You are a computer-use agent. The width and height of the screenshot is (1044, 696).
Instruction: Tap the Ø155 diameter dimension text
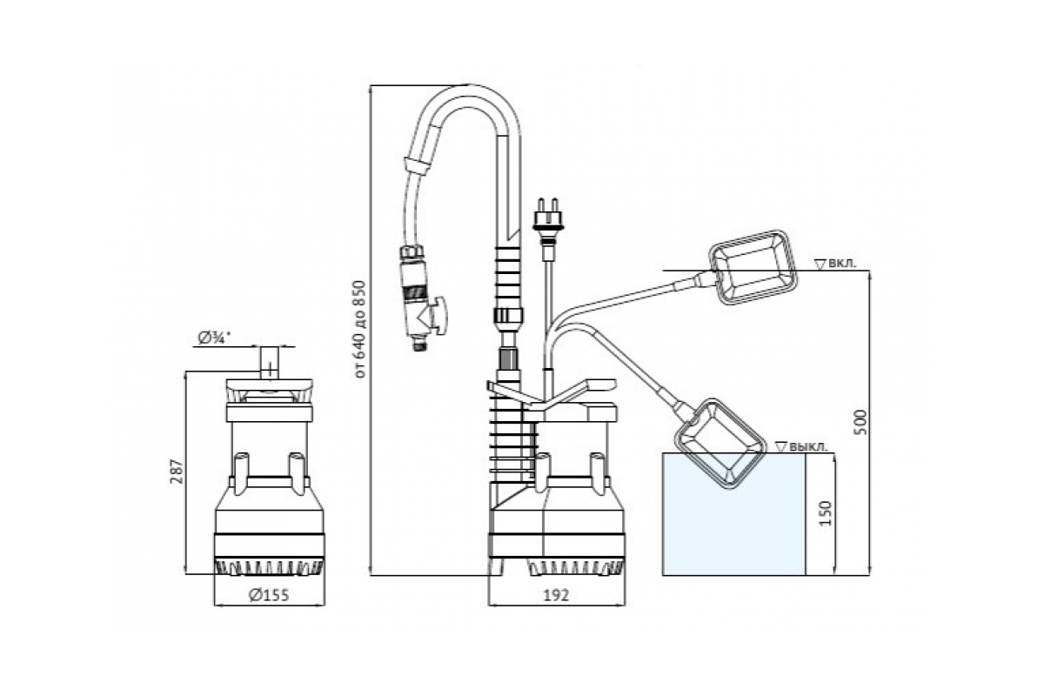tap(268, 595)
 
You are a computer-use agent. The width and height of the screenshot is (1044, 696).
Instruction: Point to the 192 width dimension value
tap(556, 595)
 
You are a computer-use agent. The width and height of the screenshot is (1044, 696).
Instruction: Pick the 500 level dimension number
tap(861, 421)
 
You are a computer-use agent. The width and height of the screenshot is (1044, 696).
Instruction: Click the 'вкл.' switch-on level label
tap(841, 262)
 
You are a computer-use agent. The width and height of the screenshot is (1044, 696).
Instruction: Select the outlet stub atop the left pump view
tap(269, 361)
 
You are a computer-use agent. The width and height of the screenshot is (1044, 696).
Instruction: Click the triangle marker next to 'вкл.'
tap(820, 263)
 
